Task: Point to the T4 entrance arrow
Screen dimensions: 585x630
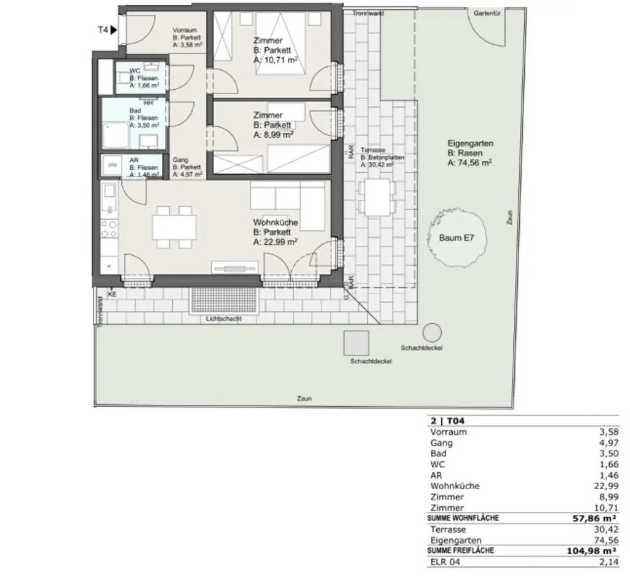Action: (113, 29)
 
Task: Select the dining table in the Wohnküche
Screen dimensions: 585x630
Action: (175, 226)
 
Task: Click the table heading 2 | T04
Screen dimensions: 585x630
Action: (444, 421)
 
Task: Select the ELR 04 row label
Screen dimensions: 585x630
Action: (444, 562)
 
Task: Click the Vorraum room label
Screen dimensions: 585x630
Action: (184, 30)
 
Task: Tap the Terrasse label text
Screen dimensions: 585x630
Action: (372, 150)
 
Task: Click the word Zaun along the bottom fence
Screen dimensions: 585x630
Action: (303, 399)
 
